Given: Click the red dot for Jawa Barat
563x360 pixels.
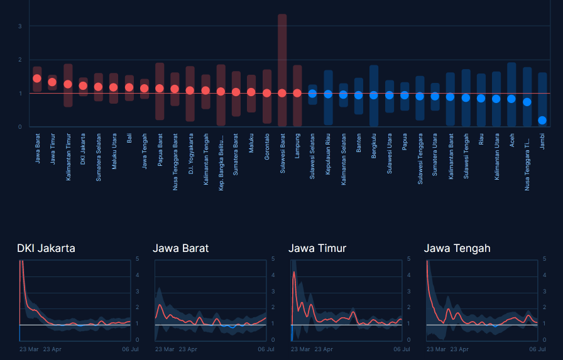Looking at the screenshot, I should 37,79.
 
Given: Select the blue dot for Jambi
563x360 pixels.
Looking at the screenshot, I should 542,120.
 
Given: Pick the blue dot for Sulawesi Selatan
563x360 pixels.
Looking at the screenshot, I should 312,94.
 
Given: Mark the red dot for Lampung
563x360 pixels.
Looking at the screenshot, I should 297,93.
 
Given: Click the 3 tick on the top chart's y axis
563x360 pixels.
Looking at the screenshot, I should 20,26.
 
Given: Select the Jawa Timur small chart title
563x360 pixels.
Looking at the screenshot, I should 317,248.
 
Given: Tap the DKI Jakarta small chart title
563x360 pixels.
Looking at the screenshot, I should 46,248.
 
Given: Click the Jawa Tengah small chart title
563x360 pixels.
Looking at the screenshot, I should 457,248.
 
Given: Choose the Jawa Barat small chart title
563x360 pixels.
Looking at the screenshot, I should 181,248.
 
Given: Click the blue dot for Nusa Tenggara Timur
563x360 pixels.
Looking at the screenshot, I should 527,102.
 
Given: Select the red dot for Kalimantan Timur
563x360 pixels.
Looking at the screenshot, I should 68,84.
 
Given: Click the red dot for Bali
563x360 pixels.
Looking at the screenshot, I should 129,87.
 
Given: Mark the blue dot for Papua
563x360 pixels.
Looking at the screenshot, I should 405,95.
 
